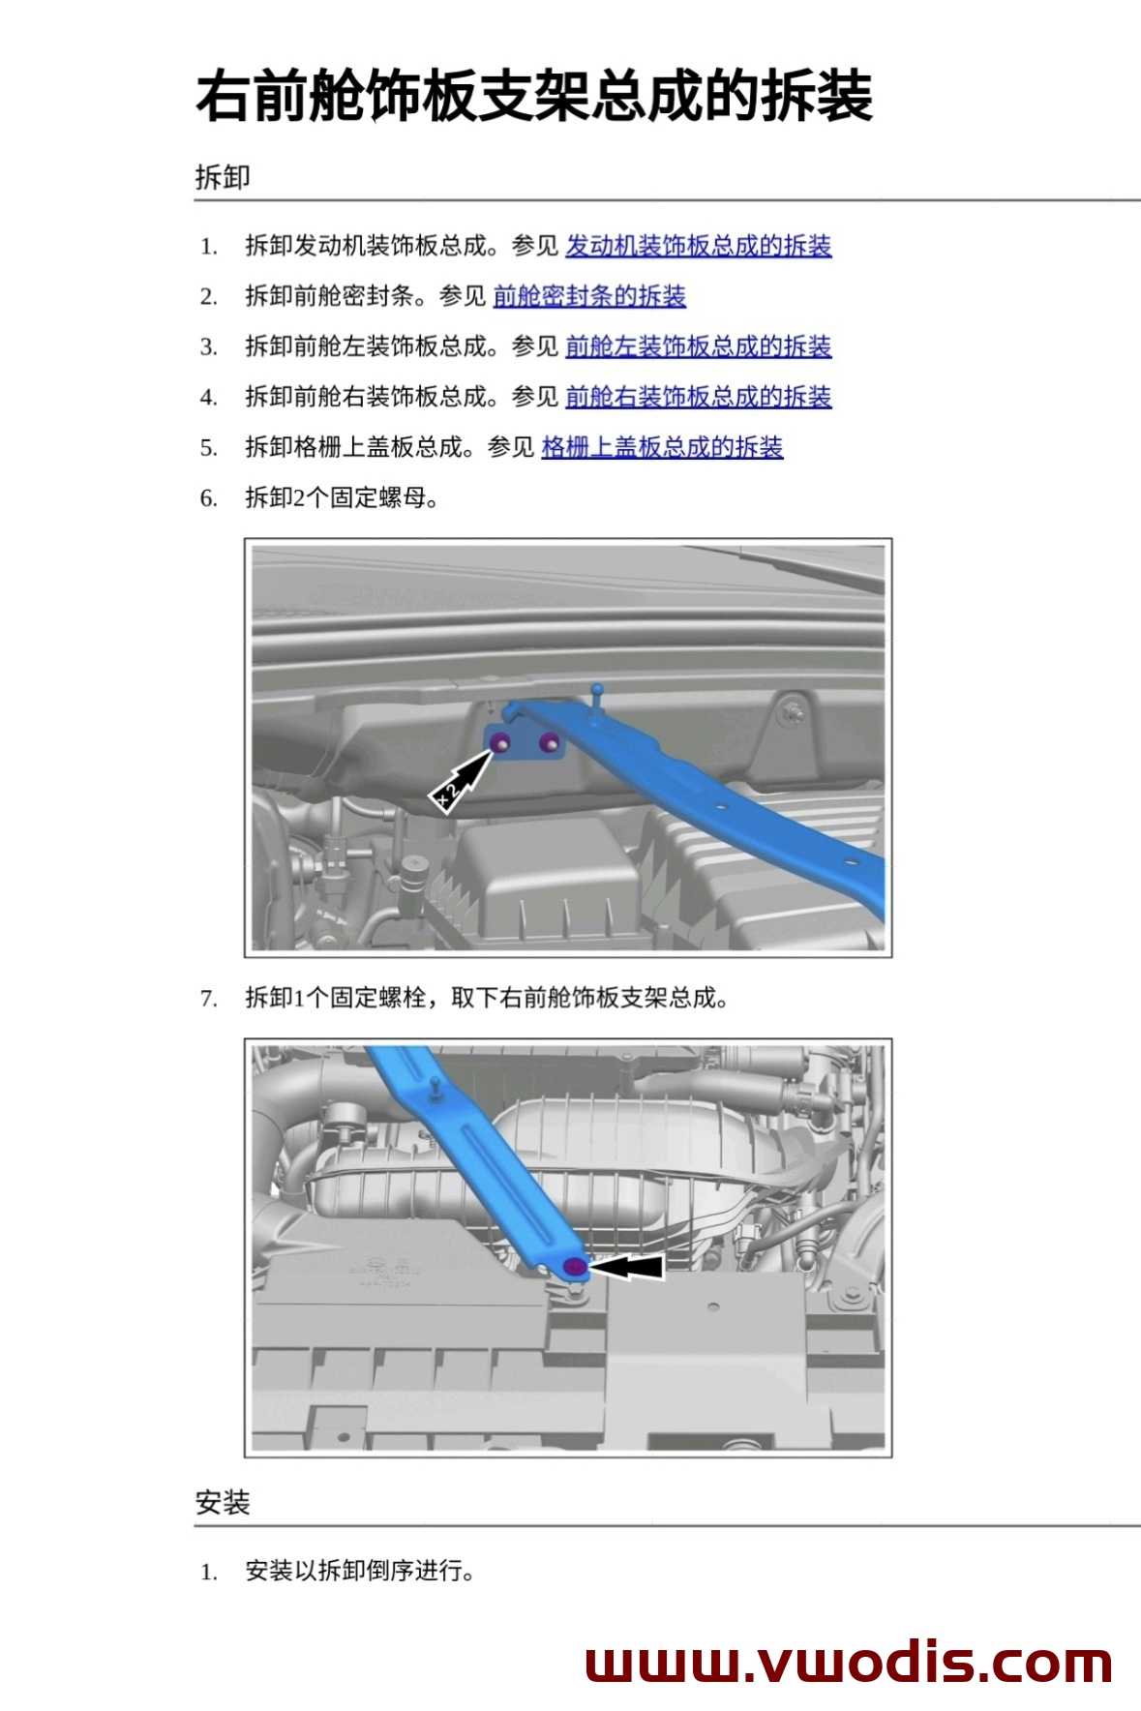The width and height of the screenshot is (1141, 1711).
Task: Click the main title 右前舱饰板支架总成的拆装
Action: [534, 97]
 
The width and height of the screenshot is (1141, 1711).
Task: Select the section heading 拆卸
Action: [223, 177]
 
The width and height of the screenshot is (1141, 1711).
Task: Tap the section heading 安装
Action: [223, 1502]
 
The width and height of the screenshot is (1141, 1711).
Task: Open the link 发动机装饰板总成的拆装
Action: [698, 246]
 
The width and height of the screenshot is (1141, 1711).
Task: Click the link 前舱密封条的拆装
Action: [589, 296]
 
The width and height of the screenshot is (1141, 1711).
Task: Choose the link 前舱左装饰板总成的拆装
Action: [698, 346]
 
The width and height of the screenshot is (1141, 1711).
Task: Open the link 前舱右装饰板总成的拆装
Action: [698, 397]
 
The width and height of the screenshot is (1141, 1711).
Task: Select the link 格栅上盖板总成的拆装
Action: [662, 447]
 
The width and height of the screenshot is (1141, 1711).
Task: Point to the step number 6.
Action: [208, 498]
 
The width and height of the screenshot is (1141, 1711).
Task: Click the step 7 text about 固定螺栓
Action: [486, 998]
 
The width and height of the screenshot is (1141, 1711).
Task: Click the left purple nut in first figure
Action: [501, 742]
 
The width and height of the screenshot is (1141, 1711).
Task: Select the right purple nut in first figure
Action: [549, 743]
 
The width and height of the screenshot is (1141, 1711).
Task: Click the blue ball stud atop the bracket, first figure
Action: [597, 691]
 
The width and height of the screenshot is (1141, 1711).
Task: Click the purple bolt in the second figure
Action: [575, 1267]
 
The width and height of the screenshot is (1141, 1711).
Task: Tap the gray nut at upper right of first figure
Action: [794, 712]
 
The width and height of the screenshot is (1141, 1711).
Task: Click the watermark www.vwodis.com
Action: [849, 1663]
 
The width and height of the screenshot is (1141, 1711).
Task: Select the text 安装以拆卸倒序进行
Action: [360, 1570]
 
